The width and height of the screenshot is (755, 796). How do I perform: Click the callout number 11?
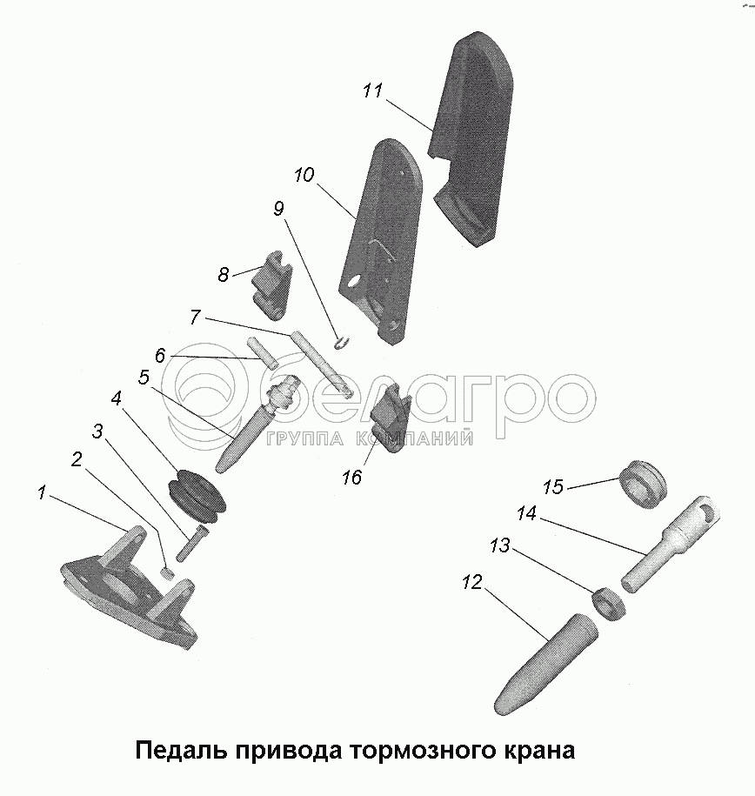coord(372,91)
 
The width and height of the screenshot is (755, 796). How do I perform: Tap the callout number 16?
coord(352,478)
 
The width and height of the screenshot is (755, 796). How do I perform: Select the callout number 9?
coord(278,209)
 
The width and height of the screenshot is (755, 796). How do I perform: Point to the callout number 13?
coord(499,546)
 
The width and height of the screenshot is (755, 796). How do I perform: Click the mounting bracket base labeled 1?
coord(127,589)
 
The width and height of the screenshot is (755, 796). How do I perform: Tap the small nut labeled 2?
coord(167,573)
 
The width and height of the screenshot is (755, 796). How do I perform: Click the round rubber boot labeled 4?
coord(196,497)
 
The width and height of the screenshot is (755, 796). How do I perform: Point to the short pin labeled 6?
coord(262,353)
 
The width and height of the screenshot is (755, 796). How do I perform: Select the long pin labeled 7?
coord(321,364)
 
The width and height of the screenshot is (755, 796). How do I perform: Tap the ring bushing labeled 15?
coord(643,485)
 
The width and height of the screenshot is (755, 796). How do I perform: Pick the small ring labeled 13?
coord(609,603)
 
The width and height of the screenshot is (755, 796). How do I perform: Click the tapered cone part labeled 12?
coord(546,664)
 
